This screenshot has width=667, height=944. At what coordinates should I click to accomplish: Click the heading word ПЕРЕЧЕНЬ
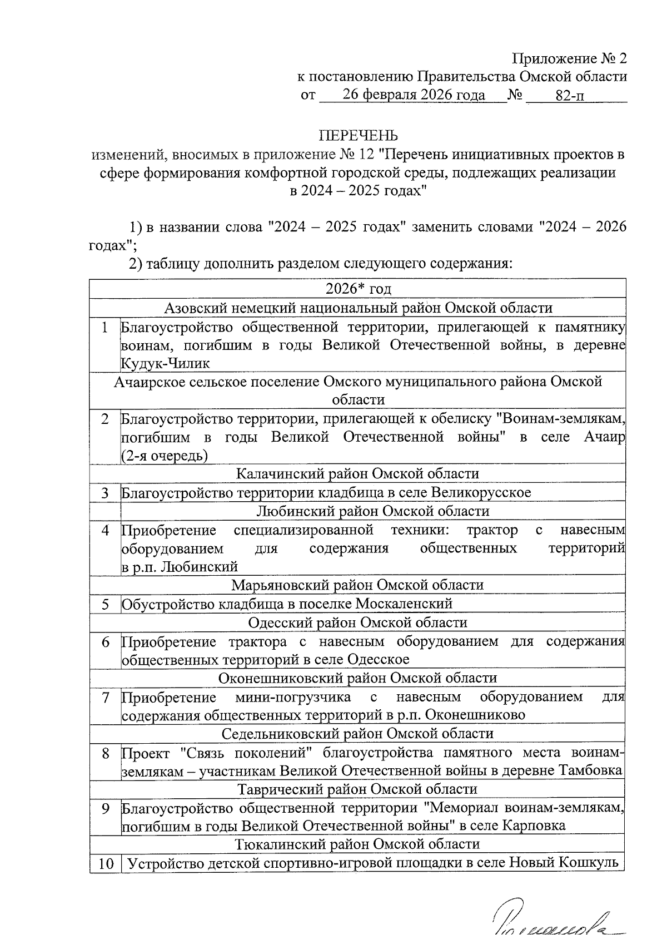[358, 136]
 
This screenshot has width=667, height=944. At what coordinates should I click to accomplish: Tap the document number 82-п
[570, 96]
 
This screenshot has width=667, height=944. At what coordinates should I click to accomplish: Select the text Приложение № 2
[570, 58]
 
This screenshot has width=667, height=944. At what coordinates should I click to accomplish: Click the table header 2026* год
[358, 289]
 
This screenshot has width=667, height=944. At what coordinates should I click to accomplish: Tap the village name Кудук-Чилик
[165, 364]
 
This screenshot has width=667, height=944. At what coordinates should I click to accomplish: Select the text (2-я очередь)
[165, 456]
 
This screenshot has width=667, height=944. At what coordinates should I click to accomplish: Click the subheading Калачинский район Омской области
[357, 474]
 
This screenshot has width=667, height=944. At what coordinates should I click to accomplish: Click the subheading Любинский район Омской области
[373, 511]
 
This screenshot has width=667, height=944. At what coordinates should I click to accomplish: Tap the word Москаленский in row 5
[404, 604]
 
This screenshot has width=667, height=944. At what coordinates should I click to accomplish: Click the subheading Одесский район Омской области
[357, 622]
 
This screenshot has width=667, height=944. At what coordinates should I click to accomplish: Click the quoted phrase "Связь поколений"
[245, 753]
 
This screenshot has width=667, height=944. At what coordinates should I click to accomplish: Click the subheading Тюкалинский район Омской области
[357, 844]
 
